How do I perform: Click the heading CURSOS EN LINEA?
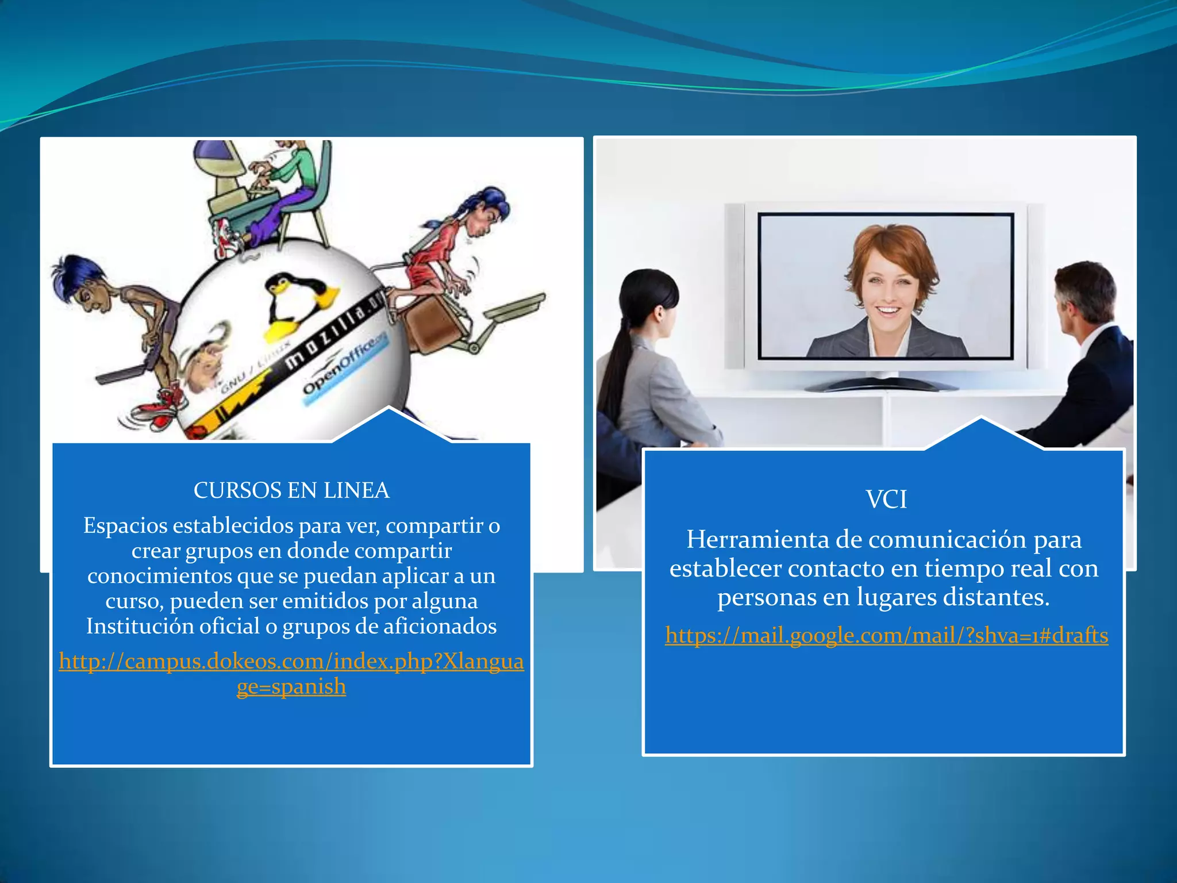pyautogui.click(x=291, y=490)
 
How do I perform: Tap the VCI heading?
pyautogui.click(x=886, y=500)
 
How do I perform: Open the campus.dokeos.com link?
pyautogui.click(x=291, y=662)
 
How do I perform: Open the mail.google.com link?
pyautogui.click(x=886, y=636)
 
